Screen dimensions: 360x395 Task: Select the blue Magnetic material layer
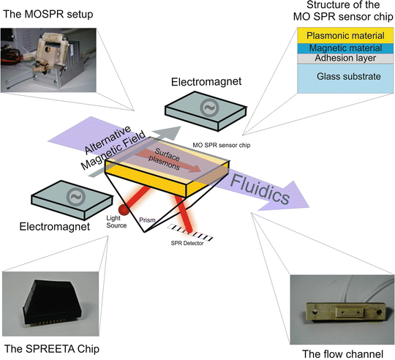tap(339, 48)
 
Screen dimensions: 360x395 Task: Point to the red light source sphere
tap(124, 211)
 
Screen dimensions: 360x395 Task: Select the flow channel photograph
tap(341, 299)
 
